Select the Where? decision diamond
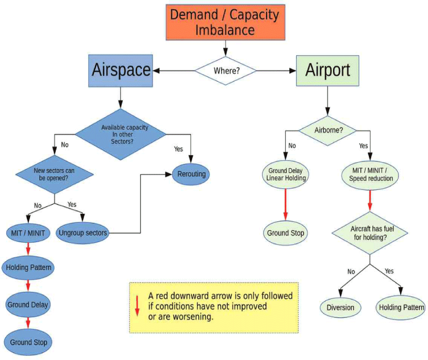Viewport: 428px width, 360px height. (x=225, y=71)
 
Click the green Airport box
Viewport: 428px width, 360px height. (x=327, y=71)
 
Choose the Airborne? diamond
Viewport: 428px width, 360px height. (x=327, y=130)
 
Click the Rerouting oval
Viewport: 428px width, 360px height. (x=192, y=175)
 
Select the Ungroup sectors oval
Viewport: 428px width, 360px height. (x=84, y=233)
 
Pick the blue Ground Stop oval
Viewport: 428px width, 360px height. (x=28, y=342)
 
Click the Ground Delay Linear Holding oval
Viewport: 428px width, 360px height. (x=285, y=174)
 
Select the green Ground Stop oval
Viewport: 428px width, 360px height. (x=285, y=233)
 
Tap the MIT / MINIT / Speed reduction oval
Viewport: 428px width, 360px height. (x=371, y=174)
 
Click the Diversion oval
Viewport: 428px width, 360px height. (x=340, y=308)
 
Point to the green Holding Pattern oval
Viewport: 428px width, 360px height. (x=400, y=308)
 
